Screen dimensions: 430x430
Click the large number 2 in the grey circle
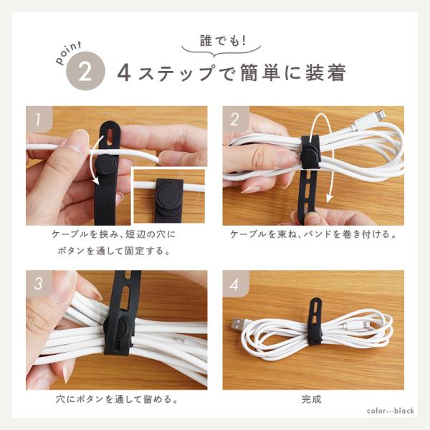[85, 72]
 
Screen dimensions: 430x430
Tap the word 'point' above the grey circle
[69, 53]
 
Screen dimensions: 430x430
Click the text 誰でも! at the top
[223, 40]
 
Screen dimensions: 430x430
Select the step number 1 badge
[39, 119]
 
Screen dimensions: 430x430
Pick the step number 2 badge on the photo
[235, 119]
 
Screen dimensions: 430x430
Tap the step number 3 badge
[39, 283]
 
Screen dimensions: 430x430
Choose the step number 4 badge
[235, 283]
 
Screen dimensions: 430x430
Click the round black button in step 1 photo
[106, 166]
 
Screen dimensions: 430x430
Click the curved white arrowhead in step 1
[95, 181]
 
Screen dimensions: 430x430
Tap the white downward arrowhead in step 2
[330, 198]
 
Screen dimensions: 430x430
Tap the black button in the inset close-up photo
[168, 195]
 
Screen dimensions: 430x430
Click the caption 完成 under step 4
[312, 399]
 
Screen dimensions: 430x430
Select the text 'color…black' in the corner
[391, 411]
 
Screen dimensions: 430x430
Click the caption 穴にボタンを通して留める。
[117, 399]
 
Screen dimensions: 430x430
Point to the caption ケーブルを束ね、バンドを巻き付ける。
[313, 234]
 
